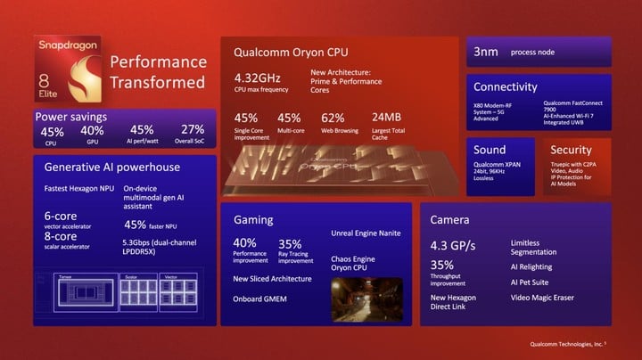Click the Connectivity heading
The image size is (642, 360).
[506, 87]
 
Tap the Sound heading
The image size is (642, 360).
[490, 150]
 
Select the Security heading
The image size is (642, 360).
[571, 150]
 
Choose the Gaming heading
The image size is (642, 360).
[253, 219]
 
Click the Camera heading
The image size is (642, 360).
[450, 219]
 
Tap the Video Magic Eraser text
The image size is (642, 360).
[542, 298]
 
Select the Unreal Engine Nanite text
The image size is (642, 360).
[365, 233]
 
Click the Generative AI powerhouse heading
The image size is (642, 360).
[112, 167]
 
